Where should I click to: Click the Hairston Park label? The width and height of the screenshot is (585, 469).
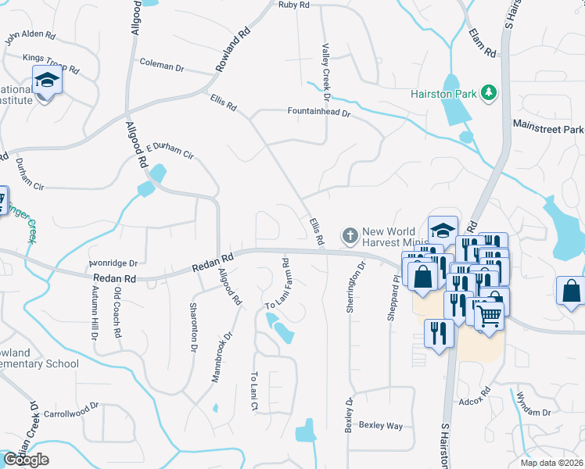click(443, 94)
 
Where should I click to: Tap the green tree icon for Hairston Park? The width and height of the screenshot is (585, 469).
click(490, 93)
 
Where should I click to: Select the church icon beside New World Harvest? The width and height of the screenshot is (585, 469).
click(350, 234)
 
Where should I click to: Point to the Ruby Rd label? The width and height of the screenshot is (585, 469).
click(294, 5)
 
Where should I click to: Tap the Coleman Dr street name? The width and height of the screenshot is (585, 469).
click(161, 66)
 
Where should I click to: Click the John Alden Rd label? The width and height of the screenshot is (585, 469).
click(31, 37)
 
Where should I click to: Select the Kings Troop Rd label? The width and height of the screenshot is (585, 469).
click(52, 63)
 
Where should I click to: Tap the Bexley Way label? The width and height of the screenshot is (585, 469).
click(381, 426)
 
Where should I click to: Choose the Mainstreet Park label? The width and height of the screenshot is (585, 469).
click(548, 127)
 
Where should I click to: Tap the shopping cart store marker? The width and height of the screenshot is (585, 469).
click(489, 316)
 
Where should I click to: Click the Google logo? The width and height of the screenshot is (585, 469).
click(26, 460)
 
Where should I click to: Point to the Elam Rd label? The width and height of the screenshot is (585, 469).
click(483, 42)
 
